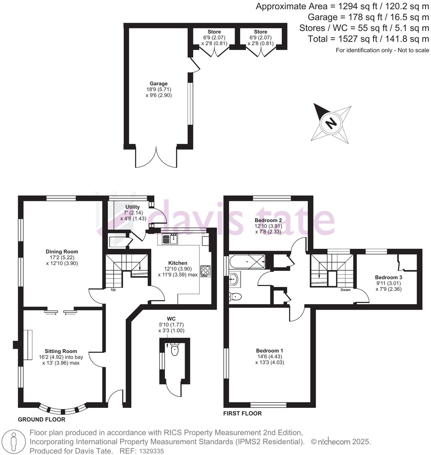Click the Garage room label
pos(158,84)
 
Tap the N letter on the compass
pos(330,123)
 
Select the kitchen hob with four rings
pos(205,271)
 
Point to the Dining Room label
pos(62,252)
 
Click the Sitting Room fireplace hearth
pos(28,345)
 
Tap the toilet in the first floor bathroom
pos(235,296)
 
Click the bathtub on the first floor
pos(247,262)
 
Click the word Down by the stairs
pos(345,290)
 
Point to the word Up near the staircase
pos(113,290)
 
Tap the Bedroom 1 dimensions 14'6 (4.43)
pos(269,356)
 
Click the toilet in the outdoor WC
pos(175,350)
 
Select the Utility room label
pos(132,207)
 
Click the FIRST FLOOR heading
pos(242,414)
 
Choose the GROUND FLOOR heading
pos(41,419)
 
